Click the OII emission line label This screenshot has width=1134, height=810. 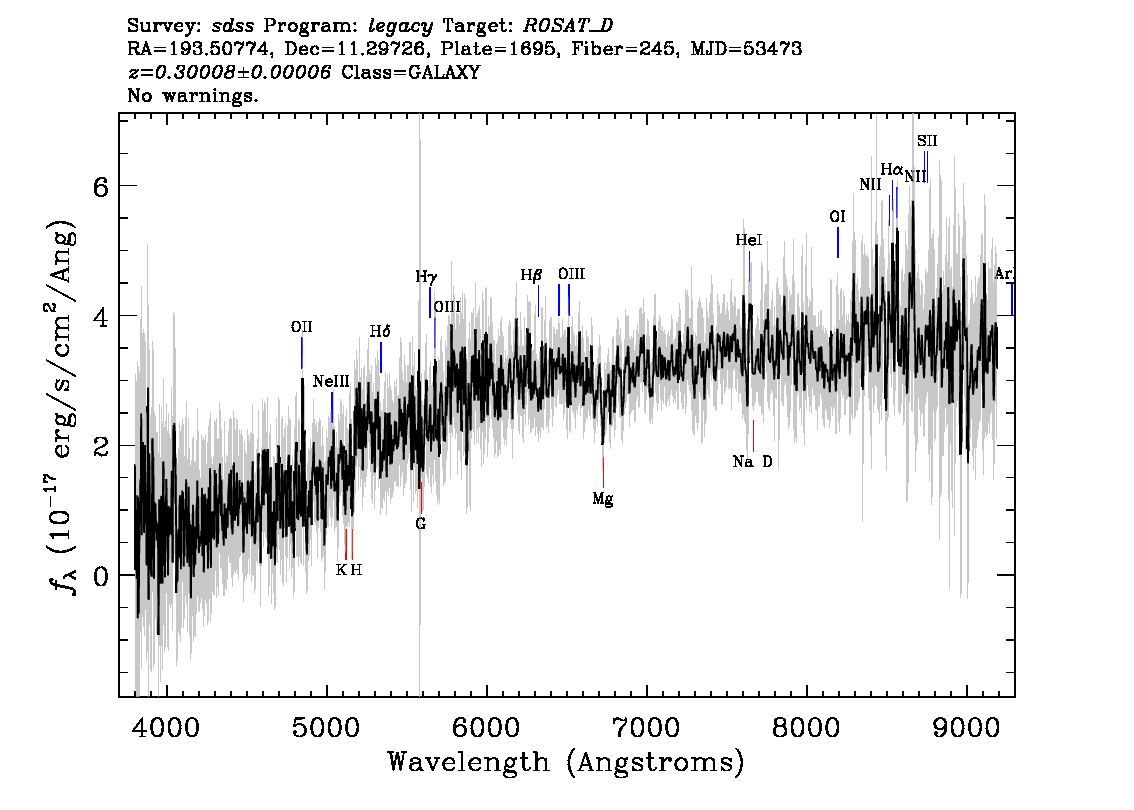coord(302,328)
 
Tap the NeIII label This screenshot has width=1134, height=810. coord(331,381)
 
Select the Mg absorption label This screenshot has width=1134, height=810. coord(602,499)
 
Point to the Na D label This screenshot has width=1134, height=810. coord(752,461)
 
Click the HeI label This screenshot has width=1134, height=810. coord(749,240)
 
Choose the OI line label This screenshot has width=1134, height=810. coord(837,217)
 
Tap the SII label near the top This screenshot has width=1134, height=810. coord(926,141)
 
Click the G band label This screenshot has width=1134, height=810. coord(421,524)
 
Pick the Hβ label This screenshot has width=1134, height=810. coord(532,276)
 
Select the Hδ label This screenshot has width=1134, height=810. coord(380,331)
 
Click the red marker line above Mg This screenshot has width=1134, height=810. coord(603,472)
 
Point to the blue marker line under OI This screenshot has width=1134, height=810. coord(837,242)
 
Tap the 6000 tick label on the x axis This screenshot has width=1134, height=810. coord(487,728)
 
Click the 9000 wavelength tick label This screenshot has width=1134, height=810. coord(967,728)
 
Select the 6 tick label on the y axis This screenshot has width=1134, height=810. coord(101,187)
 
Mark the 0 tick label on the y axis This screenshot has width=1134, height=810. coord(101,576)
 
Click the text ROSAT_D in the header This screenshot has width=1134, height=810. coord(568,26)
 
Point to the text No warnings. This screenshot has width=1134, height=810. coord(192,95)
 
